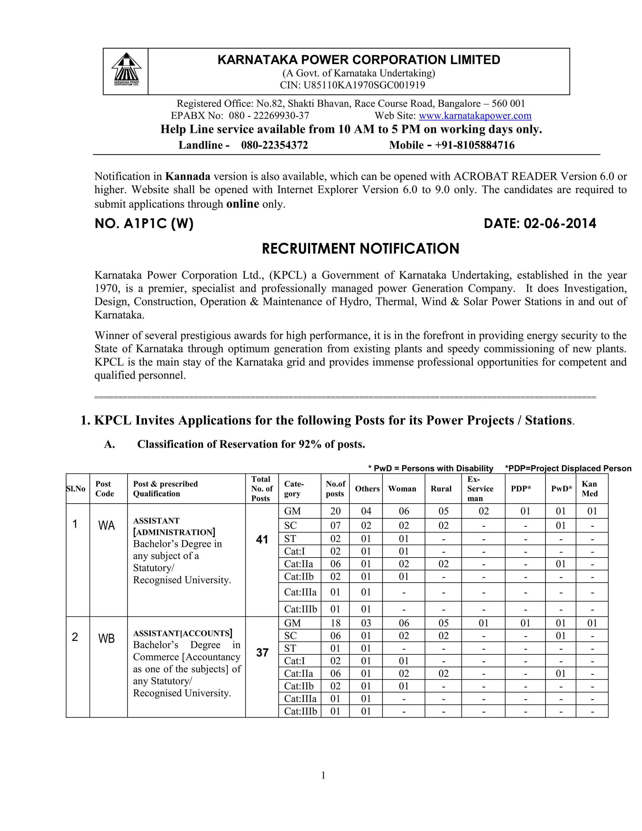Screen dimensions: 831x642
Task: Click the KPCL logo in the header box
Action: tap(126, 70)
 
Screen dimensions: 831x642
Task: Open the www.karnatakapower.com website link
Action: tap(475, 116)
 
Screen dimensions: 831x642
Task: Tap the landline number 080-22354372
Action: tap(274, 145)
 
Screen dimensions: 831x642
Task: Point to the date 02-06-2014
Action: tap(560, 223)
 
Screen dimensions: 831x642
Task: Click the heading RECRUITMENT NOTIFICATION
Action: tap(360, 248)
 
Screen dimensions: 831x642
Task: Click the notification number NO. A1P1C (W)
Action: tap(144, 223)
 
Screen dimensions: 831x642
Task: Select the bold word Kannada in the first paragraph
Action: tap(187, 176)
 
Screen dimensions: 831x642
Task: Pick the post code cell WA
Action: tap(107, 526)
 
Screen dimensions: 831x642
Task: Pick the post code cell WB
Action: tap(107, 638)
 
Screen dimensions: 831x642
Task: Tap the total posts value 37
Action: tap(262, 653)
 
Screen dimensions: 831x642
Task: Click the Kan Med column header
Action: tap(590, 489)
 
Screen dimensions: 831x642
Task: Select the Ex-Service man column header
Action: tap(480, 489)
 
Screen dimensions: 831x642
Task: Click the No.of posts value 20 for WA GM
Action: tap(335, 511)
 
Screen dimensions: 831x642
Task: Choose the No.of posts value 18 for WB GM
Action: tap(335, 623)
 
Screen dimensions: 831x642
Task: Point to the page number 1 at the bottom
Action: tap(323, 775)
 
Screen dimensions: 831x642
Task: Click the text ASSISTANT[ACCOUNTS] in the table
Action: tap(182, 633)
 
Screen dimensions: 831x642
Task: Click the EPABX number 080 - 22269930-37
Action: tap(269, 116)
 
